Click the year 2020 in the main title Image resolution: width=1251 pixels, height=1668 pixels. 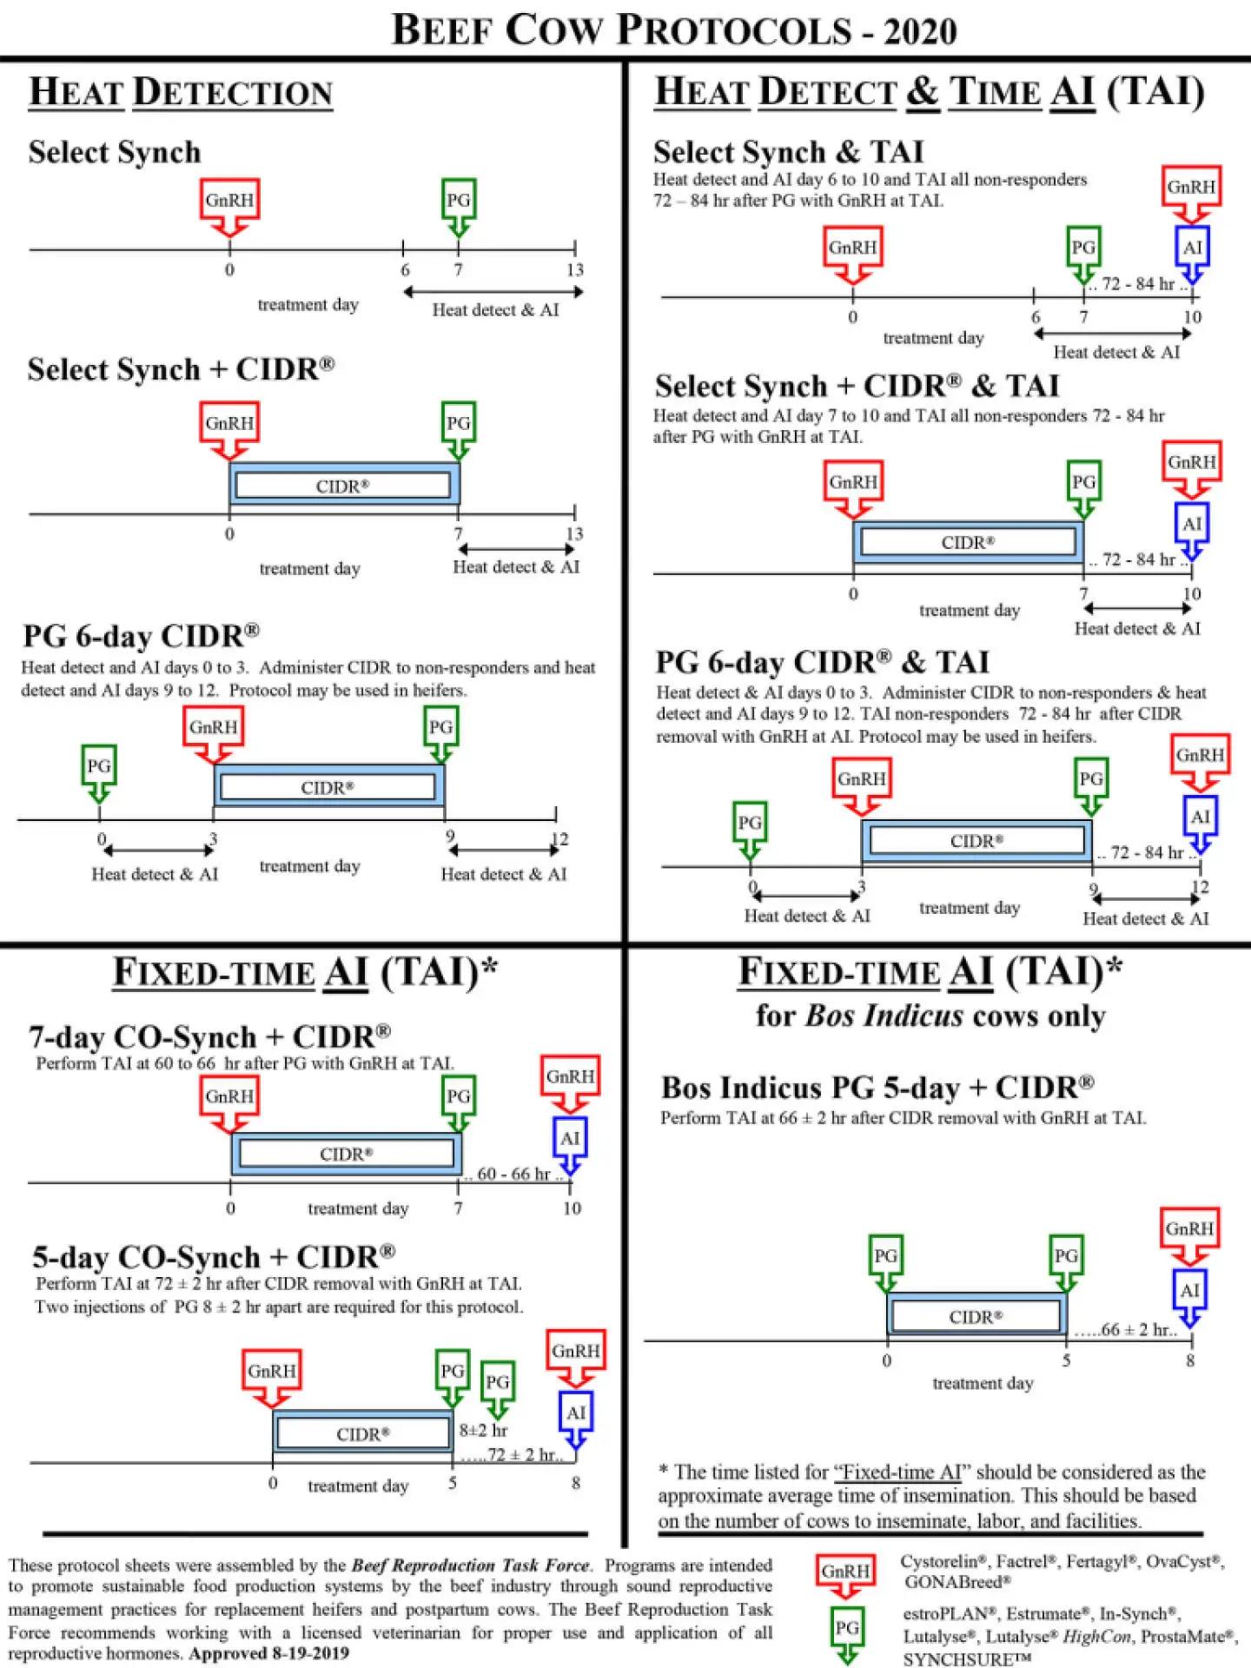coord(920,32)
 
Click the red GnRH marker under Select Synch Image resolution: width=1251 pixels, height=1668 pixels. coord(229,202)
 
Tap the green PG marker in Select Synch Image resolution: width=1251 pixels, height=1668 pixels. coord(458,202)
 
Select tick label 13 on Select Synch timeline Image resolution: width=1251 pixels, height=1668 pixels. coord(575,270)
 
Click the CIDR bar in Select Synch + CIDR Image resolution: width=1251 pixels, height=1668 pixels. coord(343,486)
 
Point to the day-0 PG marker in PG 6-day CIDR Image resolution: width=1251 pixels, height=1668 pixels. coord(98,767)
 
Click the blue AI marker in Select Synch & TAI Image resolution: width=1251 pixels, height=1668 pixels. coord(1192,248)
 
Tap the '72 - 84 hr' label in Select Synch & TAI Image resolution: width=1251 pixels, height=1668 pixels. coord(1137,284)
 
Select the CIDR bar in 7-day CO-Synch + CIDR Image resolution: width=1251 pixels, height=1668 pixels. coord(346,1154)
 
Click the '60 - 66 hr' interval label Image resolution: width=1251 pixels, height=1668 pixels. coord(513,1175)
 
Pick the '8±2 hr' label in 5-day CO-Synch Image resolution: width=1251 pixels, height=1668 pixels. coord(483,1430)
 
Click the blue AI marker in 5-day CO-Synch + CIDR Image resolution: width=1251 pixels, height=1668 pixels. coord(575,1414)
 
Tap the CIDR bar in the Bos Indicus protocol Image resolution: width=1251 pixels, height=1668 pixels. coord(976,1317)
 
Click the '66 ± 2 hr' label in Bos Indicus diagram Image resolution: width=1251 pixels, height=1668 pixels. coord(1126,1330)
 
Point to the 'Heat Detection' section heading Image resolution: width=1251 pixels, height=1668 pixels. coord(181,93)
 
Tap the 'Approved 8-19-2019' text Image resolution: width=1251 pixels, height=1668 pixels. coord(268,1653)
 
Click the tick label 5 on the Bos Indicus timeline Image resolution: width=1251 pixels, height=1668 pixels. coord(1066,1361)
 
